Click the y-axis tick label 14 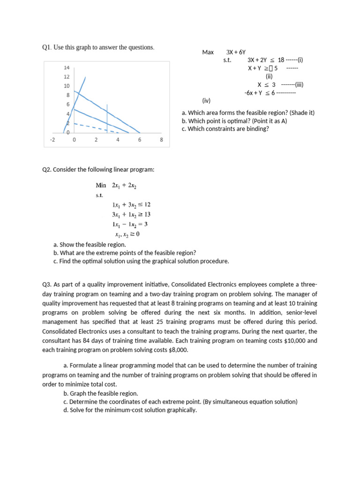(x=67, y=68)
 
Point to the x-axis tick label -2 (x=52, y=140)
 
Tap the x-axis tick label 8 (x=161, y=140)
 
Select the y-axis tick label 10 (x=67, y=86)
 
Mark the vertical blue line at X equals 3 (x=107, y=117)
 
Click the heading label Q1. (x=46, y=47)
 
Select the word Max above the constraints (x=208, y=52)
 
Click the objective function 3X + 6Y (x=236, y=52)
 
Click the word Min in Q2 (x=101, y=185)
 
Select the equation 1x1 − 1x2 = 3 (x=130, y=224)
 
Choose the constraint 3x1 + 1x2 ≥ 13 (x=131, y=214)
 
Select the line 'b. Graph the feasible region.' (x=100, y=393)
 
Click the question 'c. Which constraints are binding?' (x=225, y=129)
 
